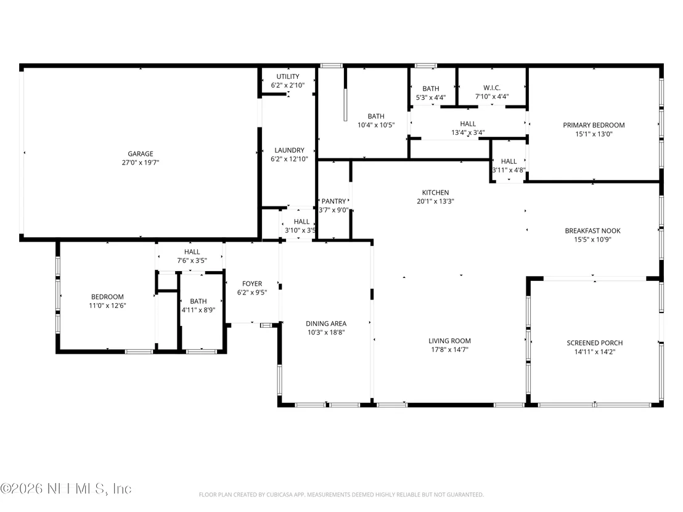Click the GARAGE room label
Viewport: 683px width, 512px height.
pos(141,153)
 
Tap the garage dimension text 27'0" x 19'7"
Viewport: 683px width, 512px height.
pos(141,163)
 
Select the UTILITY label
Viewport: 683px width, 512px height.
pos(288,76)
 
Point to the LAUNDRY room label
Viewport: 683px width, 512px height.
pos(289,150)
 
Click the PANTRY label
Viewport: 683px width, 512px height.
pos(333,201)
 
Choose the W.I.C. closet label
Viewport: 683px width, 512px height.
pos(492,88)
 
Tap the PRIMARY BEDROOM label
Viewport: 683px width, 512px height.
pos(594,125)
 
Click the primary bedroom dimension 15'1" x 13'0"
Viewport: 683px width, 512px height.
pos(594,134)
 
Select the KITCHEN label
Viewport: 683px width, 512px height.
pos(435,192)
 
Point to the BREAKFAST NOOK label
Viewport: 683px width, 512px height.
pos(592,231)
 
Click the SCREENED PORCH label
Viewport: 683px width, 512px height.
pos(595,343)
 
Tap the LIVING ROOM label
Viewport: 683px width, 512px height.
pos(449,341)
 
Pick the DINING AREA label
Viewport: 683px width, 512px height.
pos(326,323)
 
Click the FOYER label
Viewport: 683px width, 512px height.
pos(252,284)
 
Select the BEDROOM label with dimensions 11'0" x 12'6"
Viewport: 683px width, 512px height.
pos(107,297)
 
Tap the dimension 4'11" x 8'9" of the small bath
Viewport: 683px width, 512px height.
pos(198,310)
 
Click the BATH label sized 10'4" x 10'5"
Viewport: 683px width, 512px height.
pos(376,116)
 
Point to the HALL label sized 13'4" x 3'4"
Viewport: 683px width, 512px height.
pos(468,124)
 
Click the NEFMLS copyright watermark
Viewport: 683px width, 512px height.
pos(66,489)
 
